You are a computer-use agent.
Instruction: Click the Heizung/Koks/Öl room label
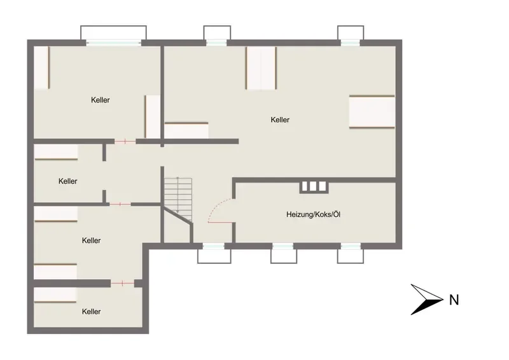313,214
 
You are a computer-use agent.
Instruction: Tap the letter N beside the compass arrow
454,300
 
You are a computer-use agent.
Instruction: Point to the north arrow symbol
426,300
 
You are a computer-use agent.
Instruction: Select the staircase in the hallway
178,198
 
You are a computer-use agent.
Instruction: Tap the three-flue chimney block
313,186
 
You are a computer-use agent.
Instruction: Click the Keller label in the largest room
280,120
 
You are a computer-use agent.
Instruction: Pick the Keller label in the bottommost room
91,312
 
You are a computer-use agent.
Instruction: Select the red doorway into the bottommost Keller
122,284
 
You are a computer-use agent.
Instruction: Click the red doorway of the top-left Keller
125,141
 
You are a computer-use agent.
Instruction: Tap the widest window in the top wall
114,43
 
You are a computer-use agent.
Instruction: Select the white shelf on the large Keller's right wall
372,112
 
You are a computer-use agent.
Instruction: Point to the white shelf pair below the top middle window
261,68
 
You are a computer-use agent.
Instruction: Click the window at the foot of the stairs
214,246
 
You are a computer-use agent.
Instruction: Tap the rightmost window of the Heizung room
351,246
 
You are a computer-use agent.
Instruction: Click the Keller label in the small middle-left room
68,181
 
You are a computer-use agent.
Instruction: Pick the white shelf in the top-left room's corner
41,67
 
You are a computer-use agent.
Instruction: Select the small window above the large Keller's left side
216,43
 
